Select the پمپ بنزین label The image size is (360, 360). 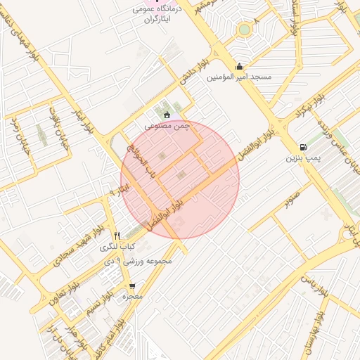(x=302, y=158)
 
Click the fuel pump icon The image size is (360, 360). (x=303, y=147)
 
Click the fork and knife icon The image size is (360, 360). (x=117, y=236)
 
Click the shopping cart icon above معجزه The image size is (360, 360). (x=132, y=286)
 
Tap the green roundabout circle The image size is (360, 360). (x=244, y=30)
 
